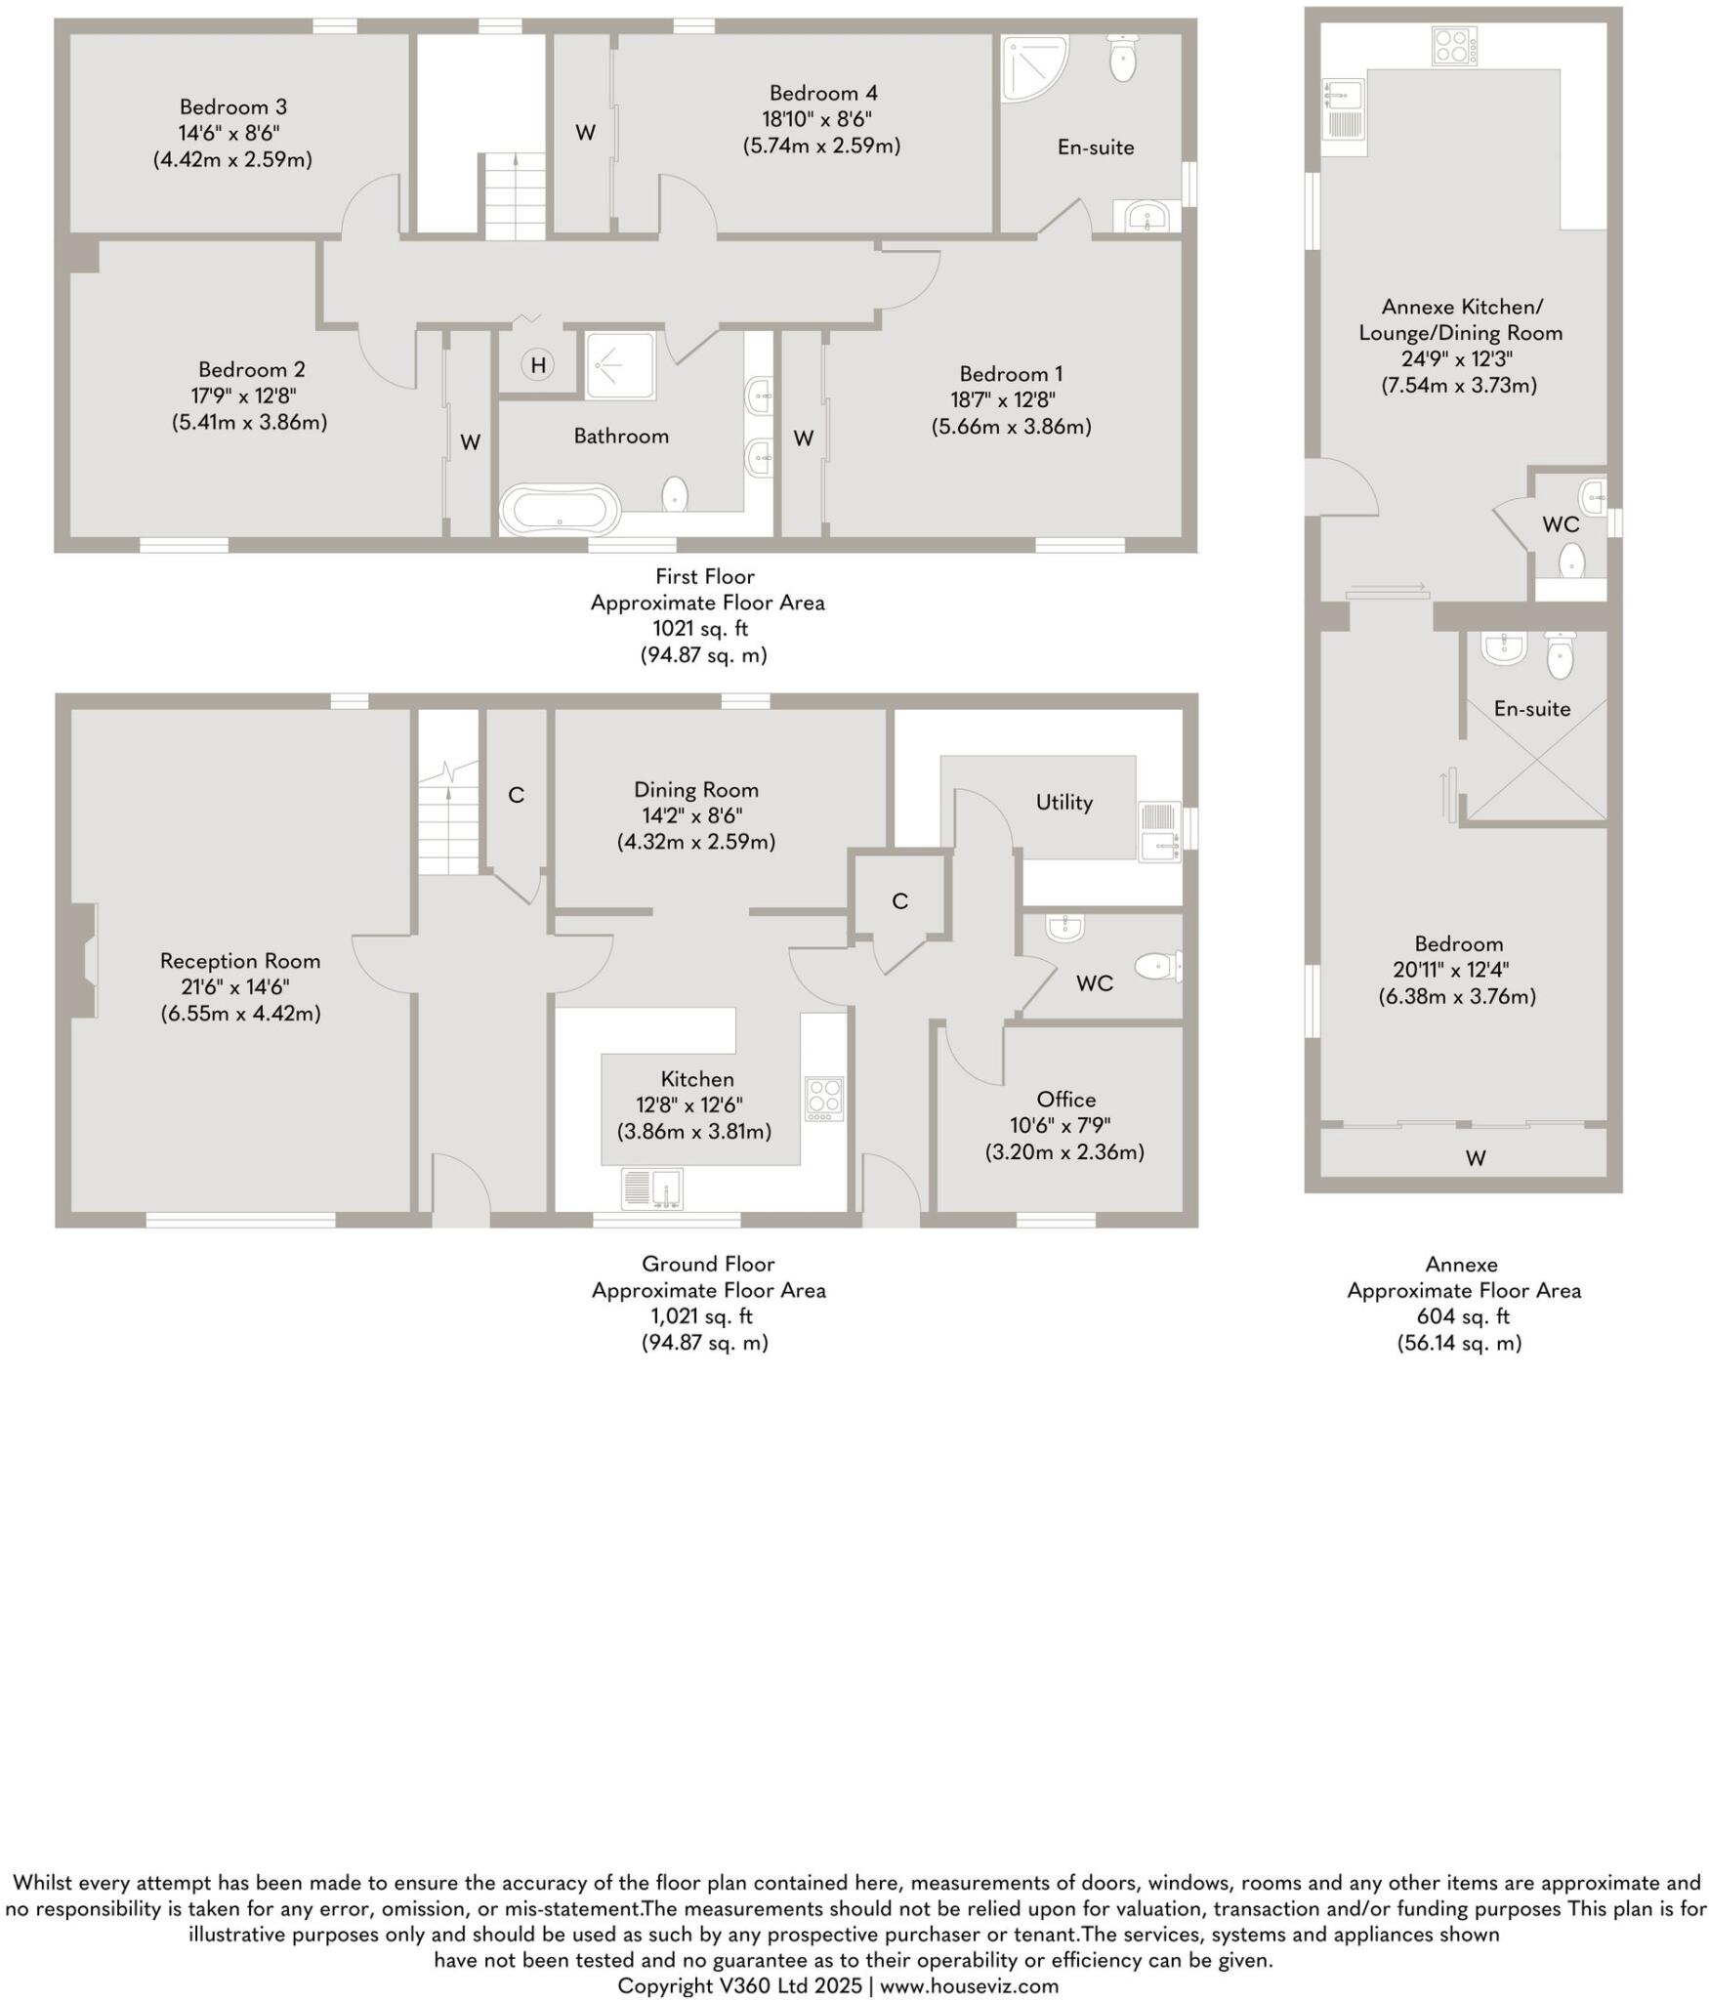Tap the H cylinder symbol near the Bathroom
[x=536, y=365]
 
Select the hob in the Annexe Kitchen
[x=1453, y=45]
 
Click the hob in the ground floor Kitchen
[x=823, y=1099]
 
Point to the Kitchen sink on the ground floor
[x=652, y=1188]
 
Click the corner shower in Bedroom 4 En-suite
[x=1031, y=66]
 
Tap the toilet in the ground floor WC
[x=1158, y=967]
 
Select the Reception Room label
[x=240, y=961]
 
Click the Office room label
[x=1065, y=1100]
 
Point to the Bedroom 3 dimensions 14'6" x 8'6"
[x=232, y=133]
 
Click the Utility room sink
[x=1159, y=832]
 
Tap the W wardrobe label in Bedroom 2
[x=470, y=442]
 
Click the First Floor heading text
[x=704, y=576]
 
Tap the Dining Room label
[x=695, y=789]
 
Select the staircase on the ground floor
[x=448, y=820]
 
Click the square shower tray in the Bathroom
[x=620, y=365]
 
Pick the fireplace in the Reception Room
[x=86, y=961]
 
